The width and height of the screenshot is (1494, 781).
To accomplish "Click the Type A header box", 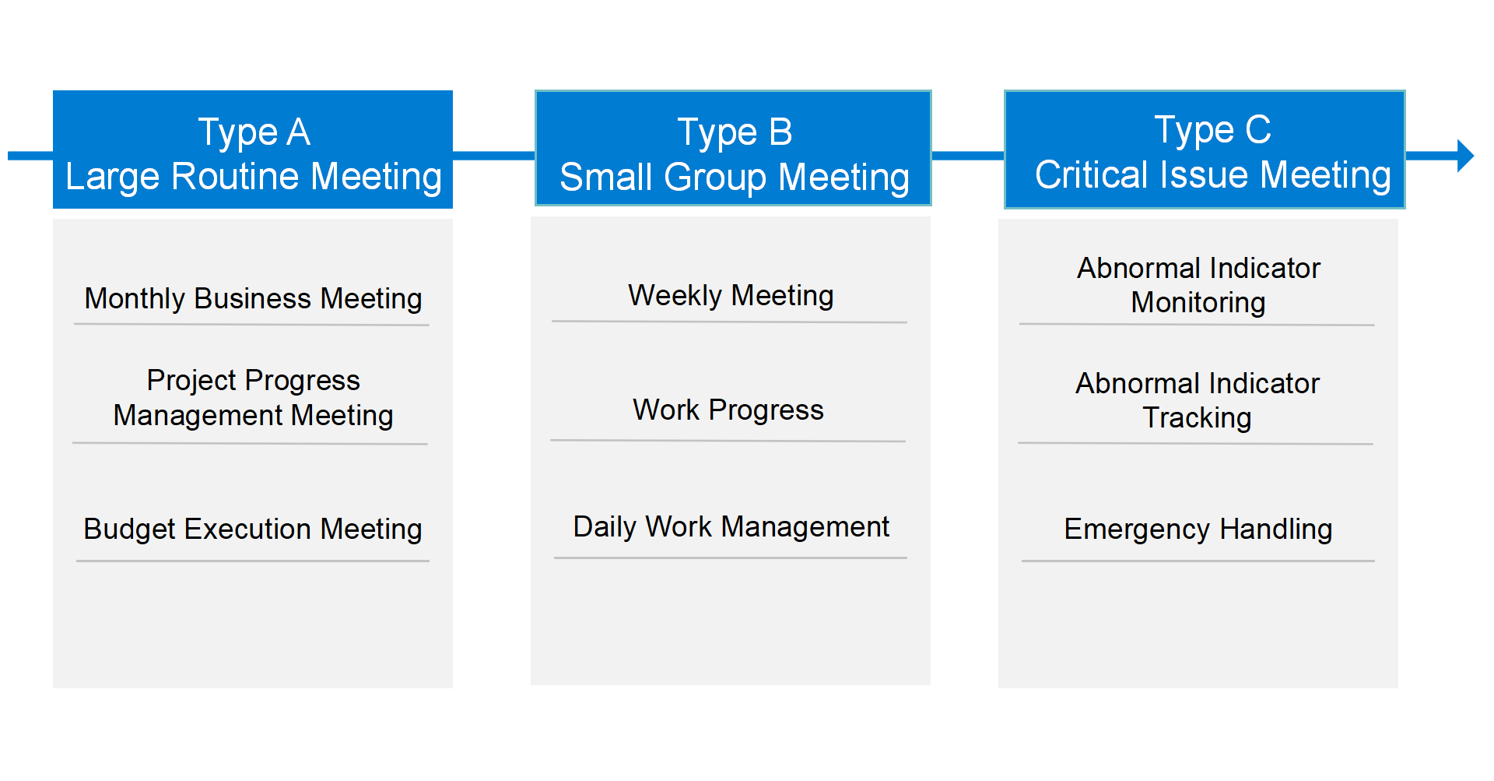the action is coord(253,150).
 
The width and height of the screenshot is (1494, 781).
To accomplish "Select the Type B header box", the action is coord(733,148).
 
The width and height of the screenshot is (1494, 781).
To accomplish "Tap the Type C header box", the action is coord(1205,150).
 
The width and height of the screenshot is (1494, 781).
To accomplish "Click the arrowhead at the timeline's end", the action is coord(1465,156).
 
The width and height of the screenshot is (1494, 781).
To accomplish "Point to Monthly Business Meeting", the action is coord(253,299).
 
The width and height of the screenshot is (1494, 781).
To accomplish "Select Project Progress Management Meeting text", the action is coord(253,398).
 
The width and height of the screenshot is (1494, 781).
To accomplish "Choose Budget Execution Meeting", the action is coord(253,529).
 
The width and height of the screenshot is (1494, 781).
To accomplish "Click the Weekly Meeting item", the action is coord(731,296).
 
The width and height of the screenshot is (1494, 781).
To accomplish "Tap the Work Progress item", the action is coord(728,410).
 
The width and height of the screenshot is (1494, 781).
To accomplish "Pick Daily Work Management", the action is coord(731,527).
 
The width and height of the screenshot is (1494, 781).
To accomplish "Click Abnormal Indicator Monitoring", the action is coord(1198,285).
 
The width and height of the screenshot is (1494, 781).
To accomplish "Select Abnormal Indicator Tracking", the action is coord(1198,400).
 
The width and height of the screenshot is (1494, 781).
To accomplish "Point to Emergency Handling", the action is coord(1198,529).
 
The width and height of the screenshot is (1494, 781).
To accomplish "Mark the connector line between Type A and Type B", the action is coord(494,156).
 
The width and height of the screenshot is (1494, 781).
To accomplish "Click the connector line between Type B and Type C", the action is coord(968,156).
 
